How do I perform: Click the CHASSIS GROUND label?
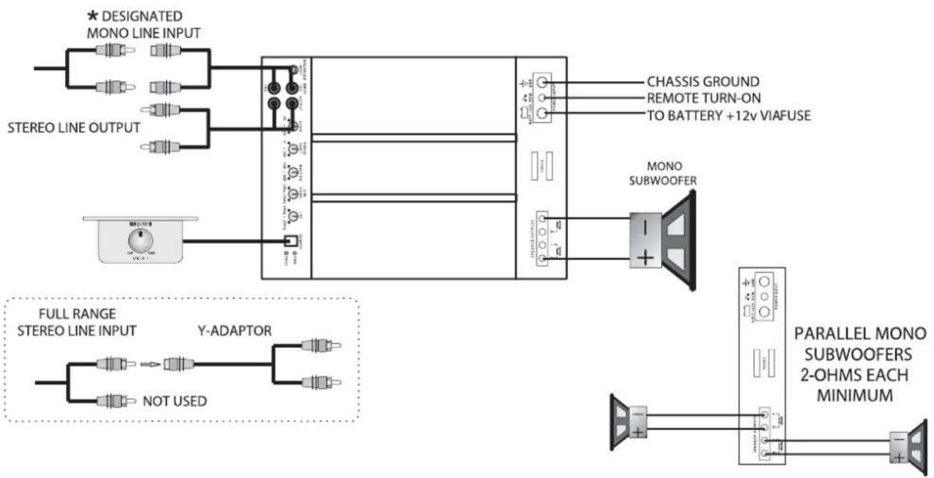click(703, 81)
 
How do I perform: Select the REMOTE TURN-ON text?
click(704, 98)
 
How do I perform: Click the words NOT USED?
click(174, 402)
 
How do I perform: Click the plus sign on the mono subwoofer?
click(645, 257)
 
